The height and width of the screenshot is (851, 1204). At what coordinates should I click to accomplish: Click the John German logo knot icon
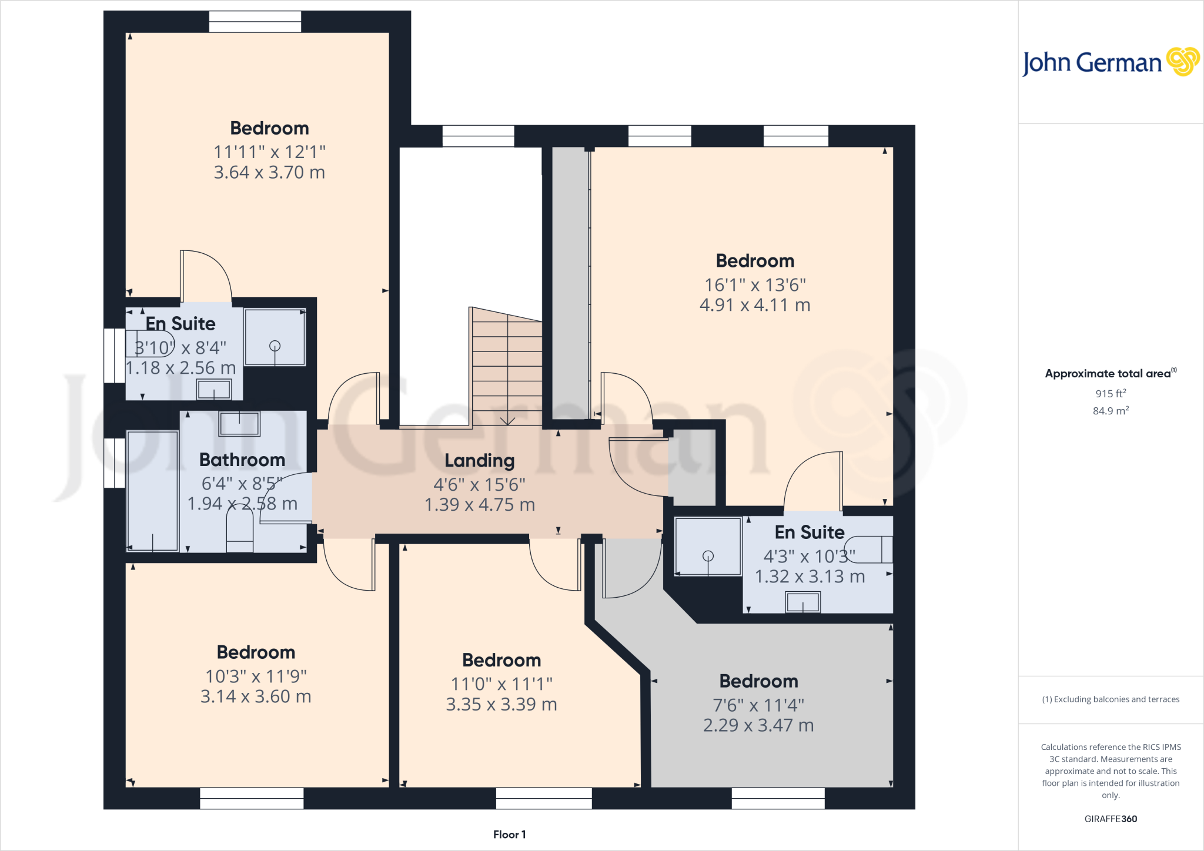coord(1182,62)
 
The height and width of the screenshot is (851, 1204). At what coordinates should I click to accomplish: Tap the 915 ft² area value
coord(1110,393)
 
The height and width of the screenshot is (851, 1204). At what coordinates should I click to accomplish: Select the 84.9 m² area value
coord(1110,411)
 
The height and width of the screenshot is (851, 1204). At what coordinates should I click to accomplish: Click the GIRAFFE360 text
coord(1110,819)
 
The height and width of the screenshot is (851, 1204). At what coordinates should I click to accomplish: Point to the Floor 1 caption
coord(509,835)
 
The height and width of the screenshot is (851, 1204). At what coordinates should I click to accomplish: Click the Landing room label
coord(479,461)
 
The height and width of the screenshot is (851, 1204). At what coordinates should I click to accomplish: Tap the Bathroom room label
coord(242,460)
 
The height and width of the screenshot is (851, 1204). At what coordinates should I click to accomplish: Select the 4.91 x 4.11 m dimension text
coord(755,305)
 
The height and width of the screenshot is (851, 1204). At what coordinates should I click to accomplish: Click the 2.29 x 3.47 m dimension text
coord(758,725)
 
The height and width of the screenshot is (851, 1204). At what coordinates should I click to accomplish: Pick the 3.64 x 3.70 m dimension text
coord(269,172)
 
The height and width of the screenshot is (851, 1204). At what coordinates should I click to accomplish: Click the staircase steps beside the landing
coord(507,370)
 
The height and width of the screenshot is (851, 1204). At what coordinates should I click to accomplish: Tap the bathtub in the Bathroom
coord(153,491)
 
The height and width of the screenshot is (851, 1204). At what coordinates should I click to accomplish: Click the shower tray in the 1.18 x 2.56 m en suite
coord(275,337)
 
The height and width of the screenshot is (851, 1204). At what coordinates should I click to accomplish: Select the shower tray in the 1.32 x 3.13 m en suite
coord(708,547)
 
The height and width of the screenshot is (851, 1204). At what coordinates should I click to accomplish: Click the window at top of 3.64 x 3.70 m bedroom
coord(255,22)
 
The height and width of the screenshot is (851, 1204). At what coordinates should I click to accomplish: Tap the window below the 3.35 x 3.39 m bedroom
coord(544,798)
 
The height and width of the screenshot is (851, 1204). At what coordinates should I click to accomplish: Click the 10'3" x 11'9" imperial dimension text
coord(256,676)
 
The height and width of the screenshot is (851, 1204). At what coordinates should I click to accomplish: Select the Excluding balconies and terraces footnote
coord(1110,699)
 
